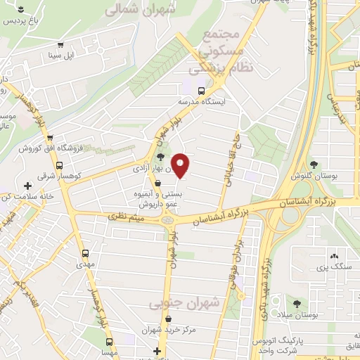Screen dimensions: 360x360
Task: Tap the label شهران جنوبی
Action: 195,302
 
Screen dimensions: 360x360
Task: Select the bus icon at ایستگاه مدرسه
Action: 202,91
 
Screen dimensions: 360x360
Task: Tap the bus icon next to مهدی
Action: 86,254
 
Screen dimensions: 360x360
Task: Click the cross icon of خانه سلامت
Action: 27,186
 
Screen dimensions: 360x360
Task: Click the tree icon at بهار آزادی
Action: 161,157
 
